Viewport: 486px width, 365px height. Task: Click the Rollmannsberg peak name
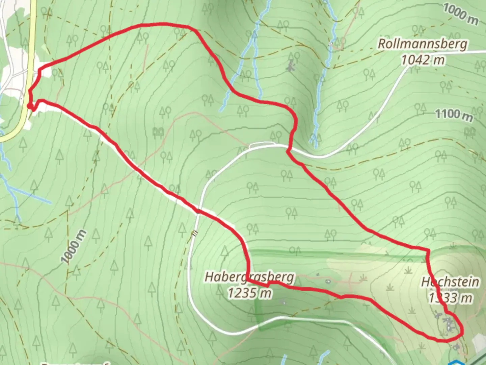(423, 44)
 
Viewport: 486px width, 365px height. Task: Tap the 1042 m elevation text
(423, 60)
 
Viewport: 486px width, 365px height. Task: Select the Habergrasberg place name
(249, 277)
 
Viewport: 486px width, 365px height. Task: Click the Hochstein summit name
(450, 282)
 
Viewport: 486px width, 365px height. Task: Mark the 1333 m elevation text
(450, 298)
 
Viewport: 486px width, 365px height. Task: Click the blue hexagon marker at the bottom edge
(456, 362)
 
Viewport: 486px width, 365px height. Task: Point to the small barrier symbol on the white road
(194, 234)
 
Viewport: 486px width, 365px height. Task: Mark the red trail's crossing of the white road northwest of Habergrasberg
(198, 212)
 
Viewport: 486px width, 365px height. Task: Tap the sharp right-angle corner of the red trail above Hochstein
(428, 250)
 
